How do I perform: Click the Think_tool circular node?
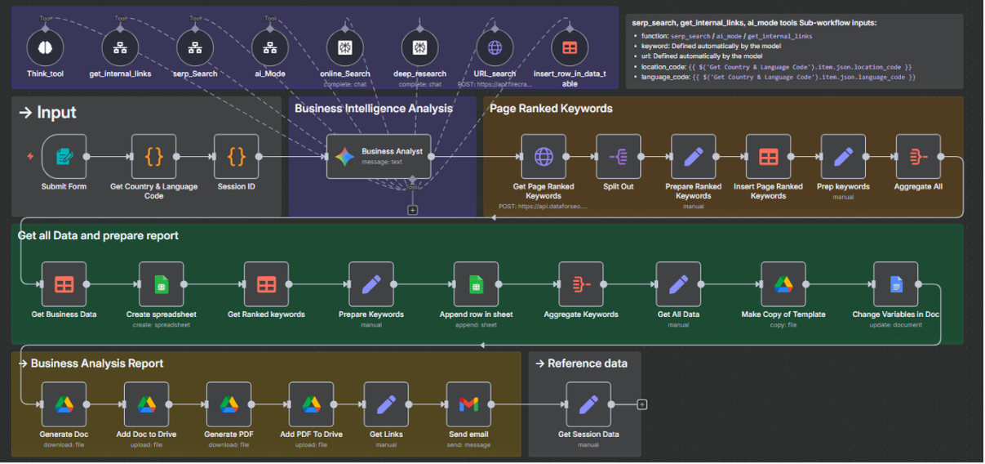click(x=45, y=47)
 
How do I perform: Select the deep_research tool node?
click(x=419, y=47)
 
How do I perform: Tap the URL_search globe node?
click(x=495, y=47)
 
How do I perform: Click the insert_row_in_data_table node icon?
click(x=570, y=47)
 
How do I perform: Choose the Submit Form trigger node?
click(x=64, y=157)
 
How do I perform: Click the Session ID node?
click(x=236, y=157)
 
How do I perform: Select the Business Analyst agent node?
click(x=379, y=157)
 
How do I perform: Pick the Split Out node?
click(x=618, y=157)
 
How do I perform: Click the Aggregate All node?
click(x=917, y=157)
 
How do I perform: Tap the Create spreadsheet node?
click(x=161, y=284)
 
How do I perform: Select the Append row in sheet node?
click(x=476, y=284)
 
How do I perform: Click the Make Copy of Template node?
click(x=783, y=284)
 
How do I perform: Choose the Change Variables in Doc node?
click(x=895, y=284)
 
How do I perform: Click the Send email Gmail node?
click(x=468, y=404)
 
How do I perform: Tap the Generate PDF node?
click(x=229, y=404)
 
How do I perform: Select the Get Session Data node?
click(x=588, y=404)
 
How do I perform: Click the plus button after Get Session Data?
click(x=642, y=404)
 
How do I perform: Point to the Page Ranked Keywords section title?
click(x=551, y=108)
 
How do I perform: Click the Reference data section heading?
click(x=587, y=364)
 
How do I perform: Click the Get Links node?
click(x=386, y=404)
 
